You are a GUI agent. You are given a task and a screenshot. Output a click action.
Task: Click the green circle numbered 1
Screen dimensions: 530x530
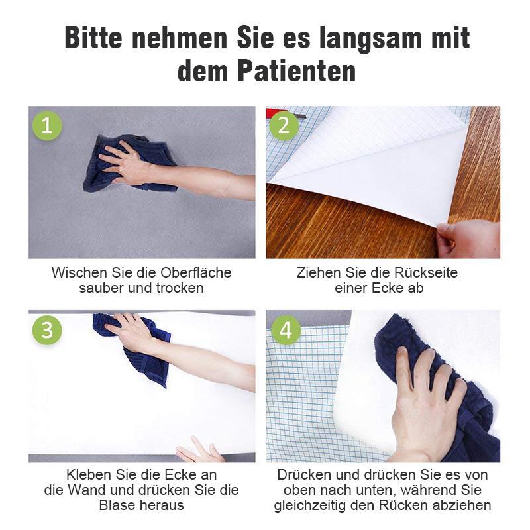point(47,126)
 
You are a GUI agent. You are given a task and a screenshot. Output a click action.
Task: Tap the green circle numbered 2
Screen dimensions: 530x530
point(284,126)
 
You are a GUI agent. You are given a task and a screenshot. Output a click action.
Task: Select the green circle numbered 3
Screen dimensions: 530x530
point(47,330)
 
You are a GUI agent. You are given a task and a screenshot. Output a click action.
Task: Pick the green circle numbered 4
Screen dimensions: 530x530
point(286,330)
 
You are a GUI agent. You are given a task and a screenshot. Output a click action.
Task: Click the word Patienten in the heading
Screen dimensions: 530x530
point(297,71)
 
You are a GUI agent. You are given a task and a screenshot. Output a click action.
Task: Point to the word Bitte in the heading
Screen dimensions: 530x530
point(93,38)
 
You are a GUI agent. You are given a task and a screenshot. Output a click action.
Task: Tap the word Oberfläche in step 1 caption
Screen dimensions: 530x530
point(195,273)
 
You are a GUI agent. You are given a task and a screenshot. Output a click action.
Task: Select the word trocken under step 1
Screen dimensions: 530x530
point(180,288)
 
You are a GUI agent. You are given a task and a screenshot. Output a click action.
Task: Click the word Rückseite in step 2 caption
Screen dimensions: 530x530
point(422,273)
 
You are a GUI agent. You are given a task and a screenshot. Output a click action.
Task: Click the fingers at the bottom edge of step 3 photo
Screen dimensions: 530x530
point(199,450)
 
